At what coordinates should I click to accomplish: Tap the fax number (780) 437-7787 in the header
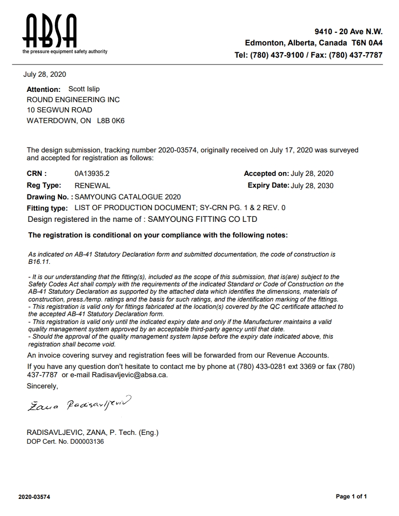click(x=355, y=55)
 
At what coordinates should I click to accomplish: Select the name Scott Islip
click(x=84, y=89)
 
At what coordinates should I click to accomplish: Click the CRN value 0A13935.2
click(x=92, y=173)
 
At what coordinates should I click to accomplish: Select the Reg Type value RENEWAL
click(x=92, y=186)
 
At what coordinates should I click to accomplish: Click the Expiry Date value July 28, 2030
click(x=312, y=186)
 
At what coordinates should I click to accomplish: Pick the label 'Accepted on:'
click(x=266, y=173)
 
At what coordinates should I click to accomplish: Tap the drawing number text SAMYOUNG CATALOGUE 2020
click(x=128, y=197)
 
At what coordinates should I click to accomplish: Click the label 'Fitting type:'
click(x=47, y=208)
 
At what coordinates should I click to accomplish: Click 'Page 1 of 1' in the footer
click(x=351, y=497)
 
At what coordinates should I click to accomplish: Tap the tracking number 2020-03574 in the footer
click(x=34, y=497)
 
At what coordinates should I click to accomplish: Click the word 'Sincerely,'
click(x=42, y=386)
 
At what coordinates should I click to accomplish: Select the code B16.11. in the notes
click(x=37, y=261)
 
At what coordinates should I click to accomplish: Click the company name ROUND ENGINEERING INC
click(x=73, y=100)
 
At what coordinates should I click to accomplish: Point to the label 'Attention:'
click(x=44, y=89)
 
